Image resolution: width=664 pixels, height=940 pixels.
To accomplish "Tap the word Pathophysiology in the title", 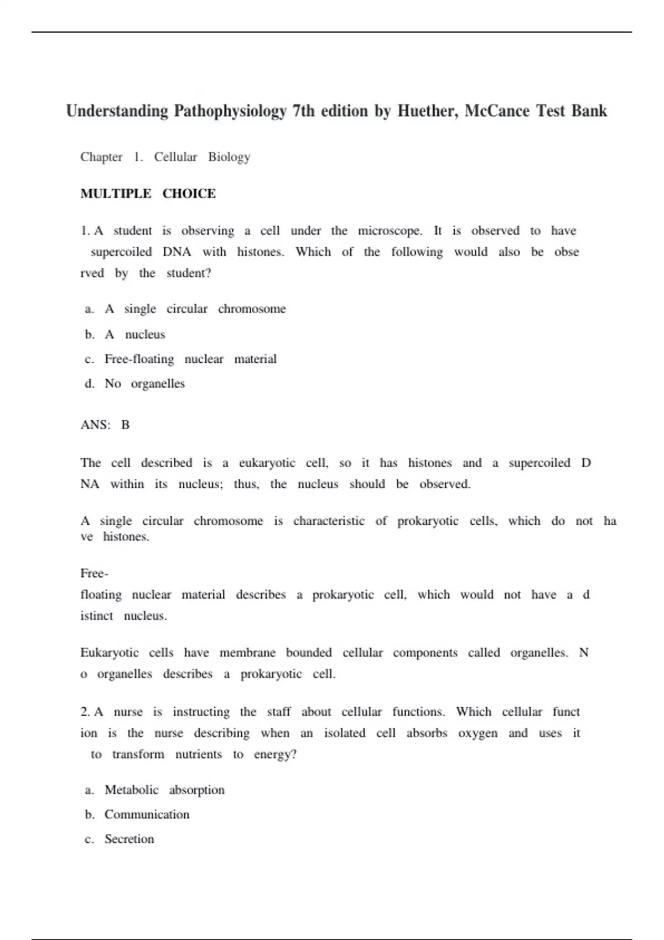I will [x=230, y=111].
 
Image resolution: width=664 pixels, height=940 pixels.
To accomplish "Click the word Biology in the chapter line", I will [x=229, y=157].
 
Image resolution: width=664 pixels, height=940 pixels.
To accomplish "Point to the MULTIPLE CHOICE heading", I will [x=148, y=194].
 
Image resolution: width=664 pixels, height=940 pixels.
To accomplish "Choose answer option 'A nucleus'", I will [x=134, y=335].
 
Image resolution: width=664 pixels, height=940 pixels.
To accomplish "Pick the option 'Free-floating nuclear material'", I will [x=190, y=359].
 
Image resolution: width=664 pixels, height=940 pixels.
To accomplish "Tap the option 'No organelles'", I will [x=144, y=384].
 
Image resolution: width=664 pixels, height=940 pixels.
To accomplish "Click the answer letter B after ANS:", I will [x=126, y=425].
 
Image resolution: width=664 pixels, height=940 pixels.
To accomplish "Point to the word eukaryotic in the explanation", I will [x=267, y=463].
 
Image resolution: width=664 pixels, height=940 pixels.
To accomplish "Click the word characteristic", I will [x=329, y=521].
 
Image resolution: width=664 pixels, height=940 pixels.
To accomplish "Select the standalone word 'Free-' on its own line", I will [x=94, y=573].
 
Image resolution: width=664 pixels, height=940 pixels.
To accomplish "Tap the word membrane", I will [x=247, y=652].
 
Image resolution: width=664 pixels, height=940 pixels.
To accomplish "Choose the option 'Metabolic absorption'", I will [x=164, y=790].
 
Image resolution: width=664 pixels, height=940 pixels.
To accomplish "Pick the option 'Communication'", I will [x=147, y=814].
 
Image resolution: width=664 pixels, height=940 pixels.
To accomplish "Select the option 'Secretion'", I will [x=129, y=839].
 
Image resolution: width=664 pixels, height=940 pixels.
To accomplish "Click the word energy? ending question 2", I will [x=275, y=754].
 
